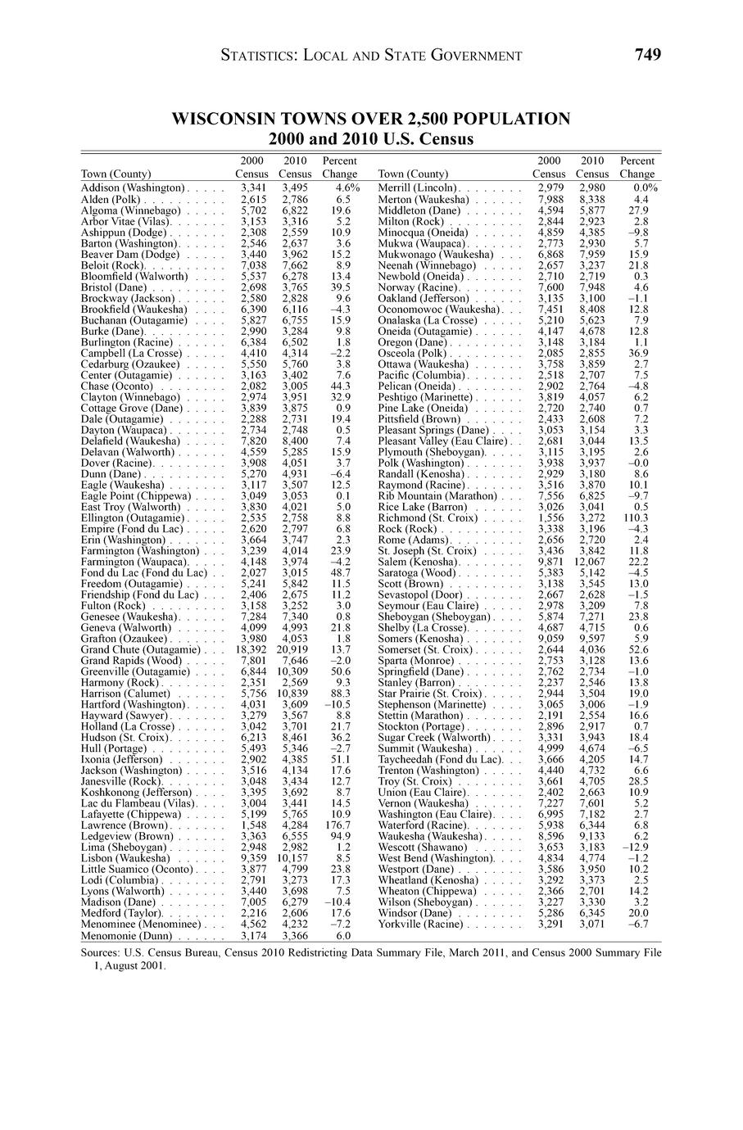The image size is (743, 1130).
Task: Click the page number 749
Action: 647,55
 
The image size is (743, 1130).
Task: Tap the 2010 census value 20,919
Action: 292,649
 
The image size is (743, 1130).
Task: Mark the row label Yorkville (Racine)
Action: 420,924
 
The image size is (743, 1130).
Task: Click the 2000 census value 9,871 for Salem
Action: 549,562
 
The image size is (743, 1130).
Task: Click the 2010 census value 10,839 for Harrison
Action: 292,694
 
